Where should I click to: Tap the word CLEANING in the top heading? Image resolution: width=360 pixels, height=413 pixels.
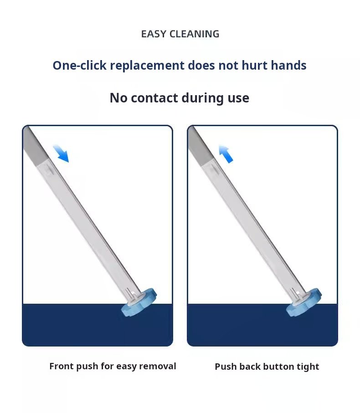(194, 34)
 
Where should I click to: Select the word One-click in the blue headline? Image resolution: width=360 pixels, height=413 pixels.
(79, 65)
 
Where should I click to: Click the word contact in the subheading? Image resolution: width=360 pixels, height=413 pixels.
(154, 98)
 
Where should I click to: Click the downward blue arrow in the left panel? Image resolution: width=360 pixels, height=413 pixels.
(61, 153)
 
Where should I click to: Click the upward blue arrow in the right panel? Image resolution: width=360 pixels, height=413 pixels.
(226, 153)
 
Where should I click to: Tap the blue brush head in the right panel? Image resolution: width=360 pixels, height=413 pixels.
(303, 302)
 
